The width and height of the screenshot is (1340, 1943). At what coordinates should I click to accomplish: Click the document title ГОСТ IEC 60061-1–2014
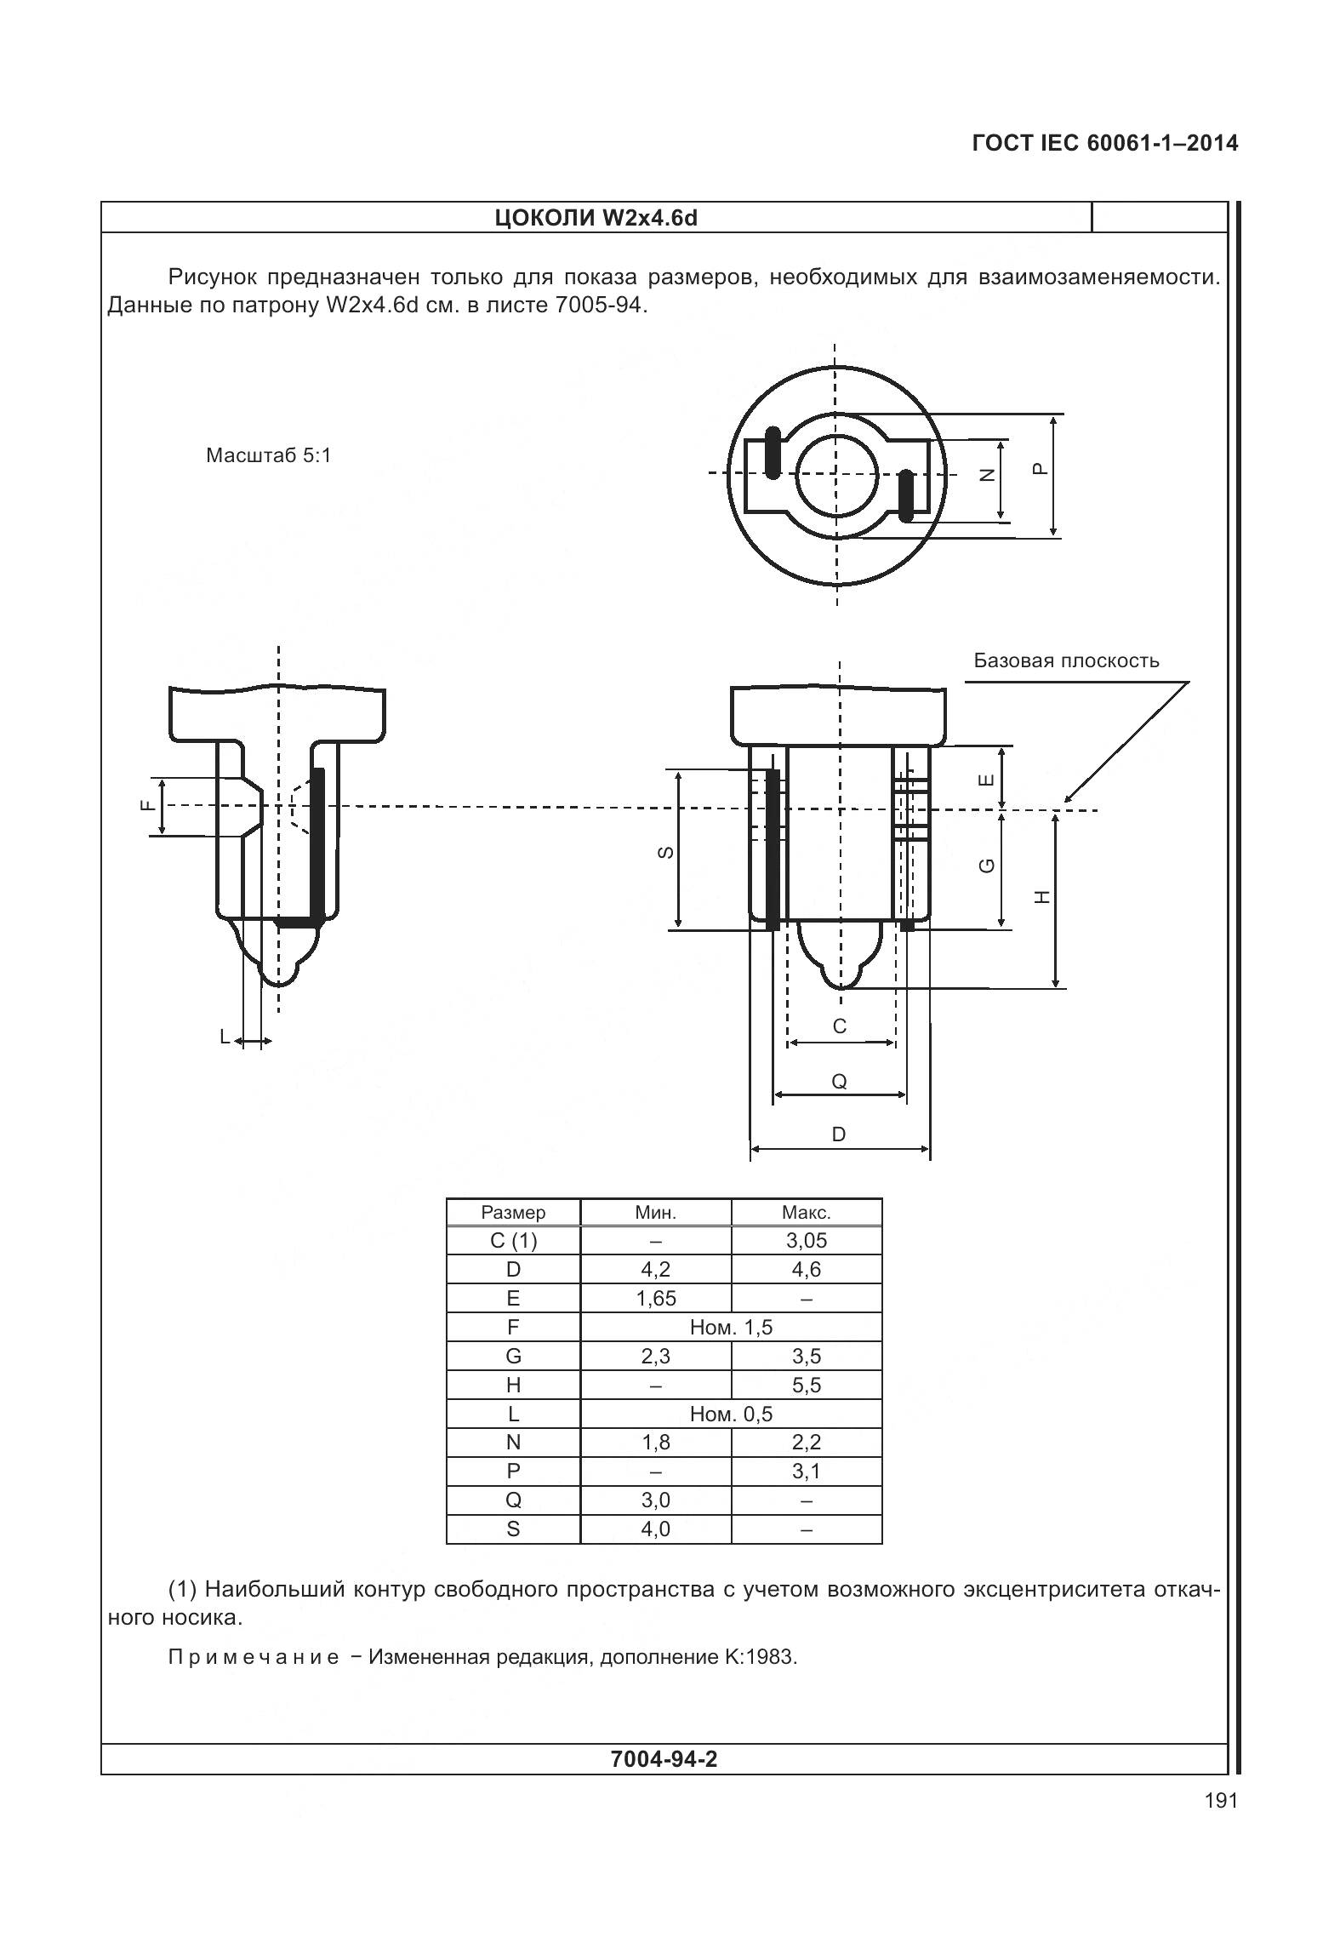tap(1104, 143)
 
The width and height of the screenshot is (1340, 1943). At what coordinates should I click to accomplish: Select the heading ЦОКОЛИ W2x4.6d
tap(596, 218)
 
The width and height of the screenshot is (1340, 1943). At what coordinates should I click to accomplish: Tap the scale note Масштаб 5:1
tap(268, 455)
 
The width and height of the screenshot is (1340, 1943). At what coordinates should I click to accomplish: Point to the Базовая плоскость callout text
tap(1066, 660)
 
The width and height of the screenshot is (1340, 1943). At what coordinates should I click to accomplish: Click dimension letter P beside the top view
tap(1039, 469)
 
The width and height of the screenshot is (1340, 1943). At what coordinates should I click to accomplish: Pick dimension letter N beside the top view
tap(987, 476)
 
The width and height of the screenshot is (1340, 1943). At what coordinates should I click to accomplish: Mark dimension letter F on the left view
tap(147, 805)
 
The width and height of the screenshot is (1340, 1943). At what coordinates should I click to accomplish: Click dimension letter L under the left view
tap(225, 1037)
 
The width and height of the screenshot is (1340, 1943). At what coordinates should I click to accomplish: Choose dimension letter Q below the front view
tap(839, 1082)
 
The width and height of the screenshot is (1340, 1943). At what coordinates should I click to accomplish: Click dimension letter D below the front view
tap(839, 1134)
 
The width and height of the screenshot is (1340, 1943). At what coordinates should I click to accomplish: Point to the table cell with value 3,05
tap(806, 1240)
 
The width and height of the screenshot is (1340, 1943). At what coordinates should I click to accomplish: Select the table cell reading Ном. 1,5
tap(731, 1327)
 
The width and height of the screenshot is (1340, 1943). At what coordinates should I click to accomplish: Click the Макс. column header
tap(806, 1212)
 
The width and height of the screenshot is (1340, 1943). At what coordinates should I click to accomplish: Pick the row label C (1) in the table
tap(513, 1240)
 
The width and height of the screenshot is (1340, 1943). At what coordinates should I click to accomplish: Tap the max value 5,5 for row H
tap(806, 1385)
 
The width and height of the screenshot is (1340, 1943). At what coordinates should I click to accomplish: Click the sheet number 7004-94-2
tap(664, 1759)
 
